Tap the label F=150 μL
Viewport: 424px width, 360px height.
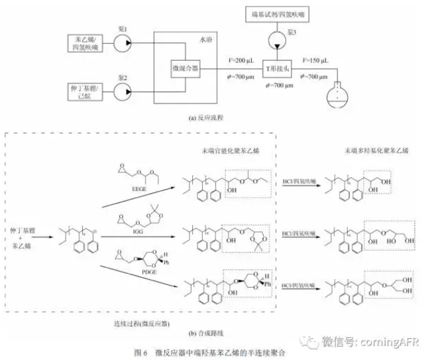coord(317,60)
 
